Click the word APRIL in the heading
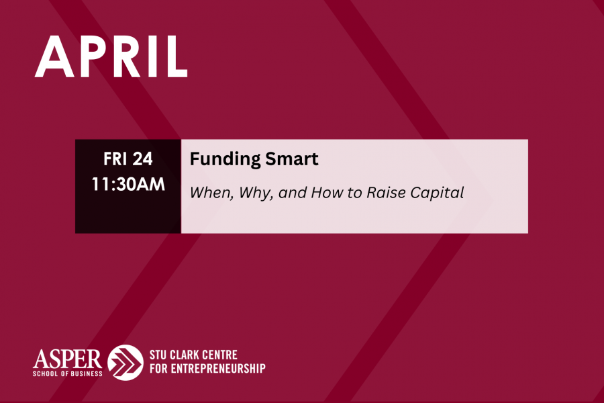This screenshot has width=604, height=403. click(111, 56)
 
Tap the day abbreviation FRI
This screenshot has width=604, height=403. click(115, 159)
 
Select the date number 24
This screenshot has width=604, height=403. click(142, 159)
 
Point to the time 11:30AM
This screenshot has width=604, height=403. click(128, 184)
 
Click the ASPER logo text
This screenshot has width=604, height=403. click(67, 359)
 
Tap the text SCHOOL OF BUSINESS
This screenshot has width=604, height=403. click(67, 373)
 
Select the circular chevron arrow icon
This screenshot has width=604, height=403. click(125, 363)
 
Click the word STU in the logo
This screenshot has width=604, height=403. click(158, 355)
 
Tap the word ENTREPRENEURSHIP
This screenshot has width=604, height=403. click(218, 369)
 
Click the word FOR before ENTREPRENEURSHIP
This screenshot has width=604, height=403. click(158, 369)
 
